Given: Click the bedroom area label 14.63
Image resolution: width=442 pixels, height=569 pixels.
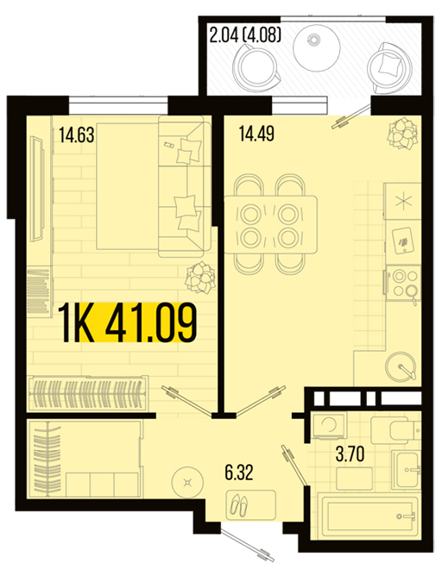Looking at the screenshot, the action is point(77,134).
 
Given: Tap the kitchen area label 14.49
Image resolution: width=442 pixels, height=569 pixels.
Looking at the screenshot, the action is point(256,133).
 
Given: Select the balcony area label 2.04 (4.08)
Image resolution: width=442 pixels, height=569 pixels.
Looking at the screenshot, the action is point(245,35).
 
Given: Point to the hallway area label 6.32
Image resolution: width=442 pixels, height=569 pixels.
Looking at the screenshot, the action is point(239,472).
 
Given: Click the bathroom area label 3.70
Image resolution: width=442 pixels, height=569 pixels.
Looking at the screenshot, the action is point(350,454).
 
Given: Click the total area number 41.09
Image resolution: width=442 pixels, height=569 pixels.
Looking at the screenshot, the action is point(150,323).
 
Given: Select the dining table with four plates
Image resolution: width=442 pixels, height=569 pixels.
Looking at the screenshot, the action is point(271,224).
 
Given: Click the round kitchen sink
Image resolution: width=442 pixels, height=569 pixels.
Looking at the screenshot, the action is point(401,365).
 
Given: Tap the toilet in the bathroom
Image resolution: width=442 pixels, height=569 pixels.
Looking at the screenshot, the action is point(395,430).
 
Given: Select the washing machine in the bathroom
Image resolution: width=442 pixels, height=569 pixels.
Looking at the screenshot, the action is point(329,426).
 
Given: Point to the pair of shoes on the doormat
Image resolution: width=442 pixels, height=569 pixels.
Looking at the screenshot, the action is point(238,504).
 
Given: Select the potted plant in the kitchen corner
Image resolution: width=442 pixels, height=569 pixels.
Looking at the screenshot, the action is point(402,133).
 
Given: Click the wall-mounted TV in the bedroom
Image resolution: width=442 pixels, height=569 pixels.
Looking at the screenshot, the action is point(37,188).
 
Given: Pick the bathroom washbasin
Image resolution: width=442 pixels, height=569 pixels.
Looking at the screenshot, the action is point(407,470).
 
